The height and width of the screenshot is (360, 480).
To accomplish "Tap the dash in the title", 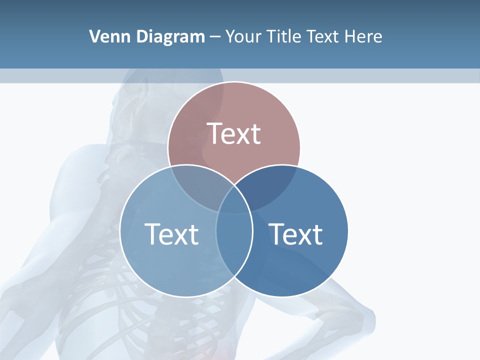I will coord(215,37).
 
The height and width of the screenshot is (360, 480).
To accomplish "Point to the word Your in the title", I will coord(243,36).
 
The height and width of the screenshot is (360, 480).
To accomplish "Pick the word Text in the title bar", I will coord(323,36).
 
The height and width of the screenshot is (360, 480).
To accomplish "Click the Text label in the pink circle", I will coord(233,133).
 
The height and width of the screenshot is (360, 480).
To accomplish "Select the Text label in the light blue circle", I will coord(171,233).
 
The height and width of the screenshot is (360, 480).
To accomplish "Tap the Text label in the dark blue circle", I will coord(295,233).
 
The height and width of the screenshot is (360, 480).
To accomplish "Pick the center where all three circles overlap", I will coord(234,202).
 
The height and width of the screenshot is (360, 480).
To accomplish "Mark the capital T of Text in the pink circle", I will coord(213,133).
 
